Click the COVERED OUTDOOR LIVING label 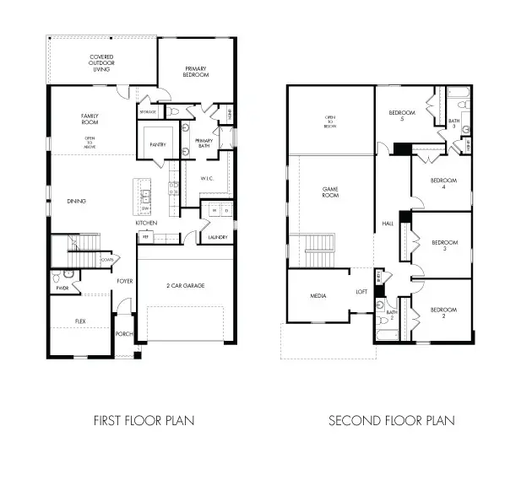coord(102,63)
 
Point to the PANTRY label coord(158,144)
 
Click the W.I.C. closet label coord(207,178)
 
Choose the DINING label coord(77,201)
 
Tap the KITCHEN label coord(147,223)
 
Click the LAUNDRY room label coord(217,238)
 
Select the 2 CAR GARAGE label coord(185,285)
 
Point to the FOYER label coord(125,281)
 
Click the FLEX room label coord(80,321)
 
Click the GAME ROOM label coord(330,192)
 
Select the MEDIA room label coord(318,296)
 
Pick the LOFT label coord(361,291)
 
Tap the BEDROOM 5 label coord(401,116)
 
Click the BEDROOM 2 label coord(443,313)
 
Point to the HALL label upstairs coord(388,224)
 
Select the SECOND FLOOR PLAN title coord(391,419)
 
